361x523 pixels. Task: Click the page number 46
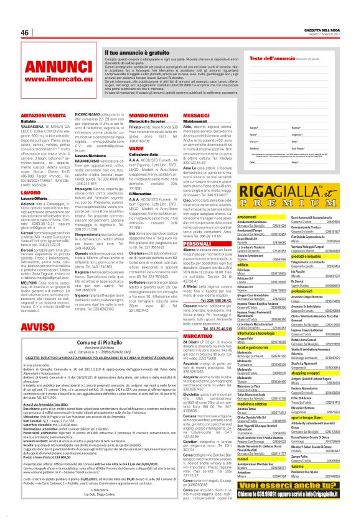(26, 32)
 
